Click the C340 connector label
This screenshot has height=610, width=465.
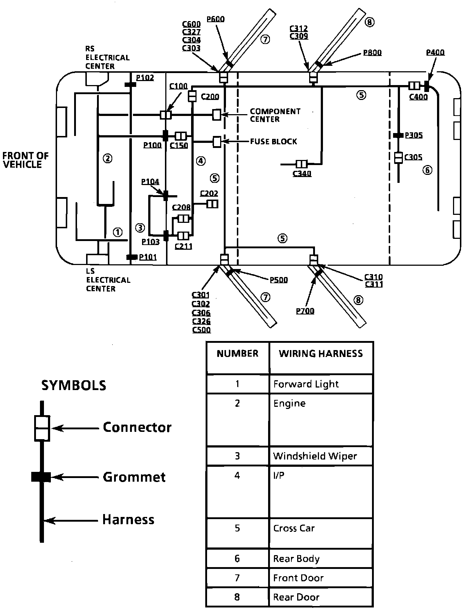(302, 173)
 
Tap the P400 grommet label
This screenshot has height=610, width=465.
(435, 52)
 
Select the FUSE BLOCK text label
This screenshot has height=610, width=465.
(274, 141)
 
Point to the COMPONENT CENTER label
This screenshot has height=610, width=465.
(275, 115)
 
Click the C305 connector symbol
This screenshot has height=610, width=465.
(399, 158)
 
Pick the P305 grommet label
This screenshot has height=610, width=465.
(414, 135)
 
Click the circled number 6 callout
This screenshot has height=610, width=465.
(428, 170)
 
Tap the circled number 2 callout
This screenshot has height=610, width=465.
(108, 158)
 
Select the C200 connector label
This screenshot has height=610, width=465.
(210, 96)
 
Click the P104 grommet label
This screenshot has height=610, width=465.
(150, 182)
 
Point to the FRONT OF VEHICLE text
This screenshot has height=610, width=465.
(25, 160)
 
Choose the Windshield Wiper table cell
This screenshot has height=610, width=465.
(315, 456)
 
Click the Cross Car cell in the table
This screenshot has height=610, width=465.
(294, 528)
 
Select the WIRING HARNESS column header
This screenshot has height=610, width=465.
(321, 354)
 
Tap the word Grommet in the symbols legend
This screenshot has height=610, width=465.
(134, 477)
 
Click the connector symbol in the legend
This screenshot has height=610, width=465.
(42, 428)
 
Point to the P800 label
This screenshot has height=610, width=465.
(372, 53)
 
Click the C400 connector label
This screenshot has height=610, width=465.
(418, 97)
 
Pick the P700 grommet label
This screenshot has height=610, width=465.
(305, 311)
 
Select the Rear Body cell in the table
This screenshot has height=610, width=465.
(296, 559)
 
